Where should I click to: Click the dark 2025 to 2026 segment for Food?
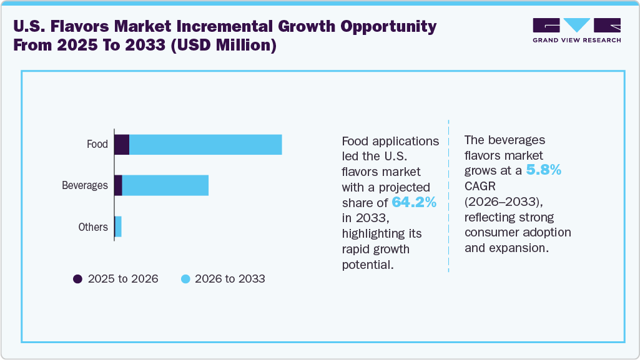click(122, 145)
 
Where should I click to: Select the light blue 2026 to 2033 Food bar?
click(205, 145)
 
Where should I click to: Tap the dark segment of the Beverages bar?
click(118, 186)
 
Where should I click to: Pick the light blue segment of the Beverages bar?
click(165, 186)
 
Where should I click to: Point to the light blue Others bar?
click(118, 227)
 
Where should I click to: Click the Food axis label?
click(97, 145)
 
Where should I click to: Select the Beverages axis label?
click(85, 186)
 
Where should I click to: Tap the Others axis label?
click(93, 227)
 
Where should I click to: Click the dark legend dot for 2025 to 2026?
click(77, 279)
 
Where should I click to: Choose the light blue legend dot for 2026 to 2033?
click(185, 279)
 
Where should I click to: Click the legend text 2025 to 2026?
click(123, 279)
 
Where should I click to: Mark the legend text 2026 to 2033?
click(230, 279)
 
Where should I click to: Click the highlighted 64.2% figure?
click(414, 202)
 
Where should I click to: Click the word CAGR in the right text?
click(479, 186)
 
